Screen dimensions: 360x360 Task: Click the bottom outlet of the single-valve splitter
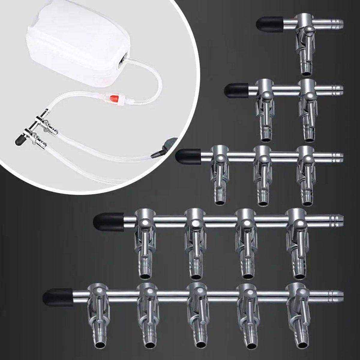[307, 68]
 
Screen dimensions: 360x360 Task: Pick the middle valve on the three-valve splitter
[263, 171]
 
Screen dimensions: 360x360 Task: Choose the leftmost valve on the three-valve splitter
[220, 171]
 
